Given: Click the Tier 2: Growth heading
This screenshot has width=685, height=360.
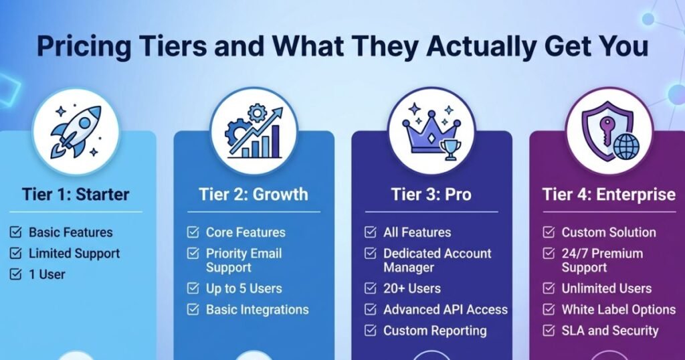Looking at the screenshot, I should (254, 195).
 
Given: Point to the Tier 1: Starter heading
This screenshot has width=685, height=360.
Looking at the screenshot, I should (75, 195).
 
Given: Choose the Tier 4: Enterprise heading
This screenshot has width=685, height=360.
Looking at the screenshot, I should (608, 195).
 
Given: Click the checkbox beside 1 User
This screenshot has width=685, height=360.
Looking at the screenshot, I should (15, 274).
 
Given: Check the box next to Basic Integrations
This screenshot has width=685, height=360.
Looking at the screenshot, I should (193, 310).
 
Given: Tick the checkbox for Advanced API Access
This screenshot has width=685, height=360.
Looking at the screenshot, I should (371, 310).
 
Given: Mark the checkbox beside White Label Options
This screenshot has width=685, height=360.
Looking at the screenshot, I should (549, 310).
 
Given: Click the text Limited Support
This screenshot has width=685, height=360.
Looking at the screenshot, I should (74, 254).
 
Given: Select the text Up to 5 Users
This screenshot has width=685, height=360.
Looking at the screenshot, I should (243, 289).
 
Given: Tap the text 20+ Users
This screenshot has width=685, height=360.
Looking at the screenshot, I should (412, 289).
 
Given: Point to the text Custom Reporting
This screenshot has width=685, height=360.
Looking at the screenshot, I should (435, 331).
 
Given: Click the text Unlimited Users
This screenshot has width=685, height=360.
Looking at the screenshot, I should (606, 289).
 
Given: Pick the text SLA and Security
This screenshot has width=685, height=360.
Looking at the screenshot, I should (610, 331).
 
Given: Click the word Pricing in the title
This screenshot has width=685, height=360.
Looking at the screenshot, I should (78, 46).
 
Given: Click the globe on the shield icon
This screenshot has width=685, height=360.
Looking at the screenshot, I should (626, 146).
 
